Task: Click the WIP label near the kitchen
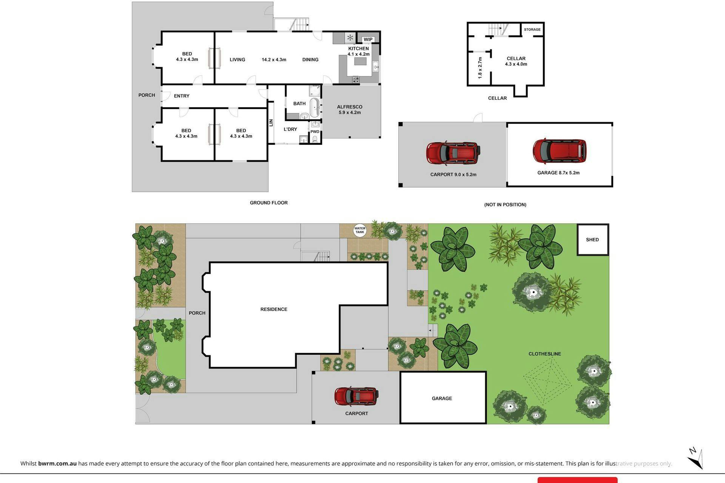(368, 40)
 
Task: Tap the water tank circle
(360, 230)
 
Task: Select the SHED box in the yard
(592, 240)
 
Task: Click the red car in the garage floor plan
(560, 151)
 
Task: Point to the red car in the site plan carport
(356, 397)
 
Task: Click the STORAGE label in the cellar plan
(532, 29)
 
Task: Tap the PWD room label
(315, 132)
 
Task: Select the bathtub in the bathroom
(315, 108)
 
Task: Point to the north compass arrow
(695, 458)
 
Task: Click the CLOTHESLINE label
(545, 354)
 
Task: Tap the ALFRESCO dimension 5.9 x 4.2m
(350, 112)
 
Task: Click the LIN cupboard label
(271, 123)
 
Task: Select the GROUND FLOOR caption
(269, 203)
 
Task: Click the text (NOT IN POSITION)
(505, 205)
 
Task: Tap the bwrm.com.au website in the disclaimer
(57, 463)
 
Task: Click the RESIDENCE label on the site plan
(274, 309)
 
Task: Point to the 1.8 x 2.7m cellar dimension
(480, 68)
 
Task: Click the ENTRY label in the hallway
(182, 96)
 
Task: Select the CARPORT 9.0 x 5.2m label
(453, 175)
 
